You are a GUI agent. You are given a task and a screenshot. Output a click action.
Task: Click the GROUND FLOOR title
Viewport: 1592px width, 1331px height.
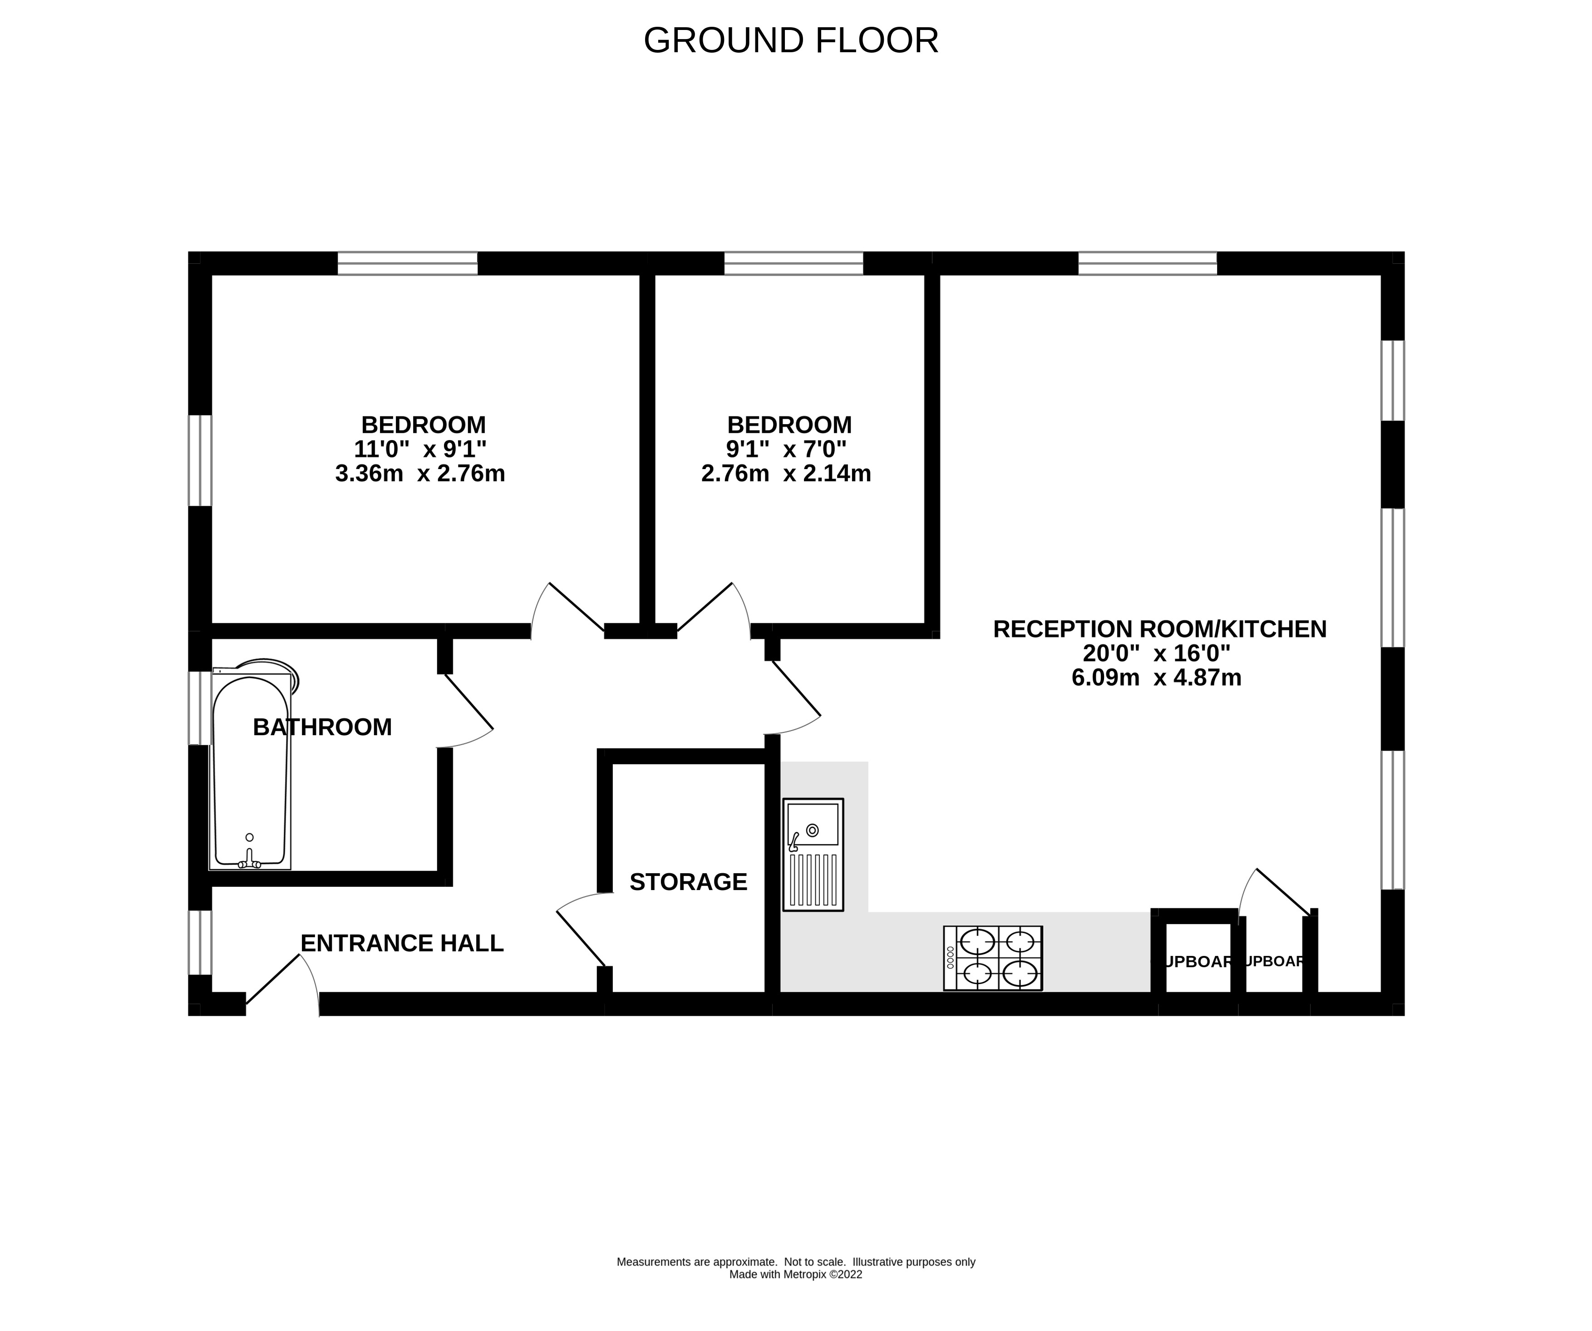pyautogui.click(x=791, y=41)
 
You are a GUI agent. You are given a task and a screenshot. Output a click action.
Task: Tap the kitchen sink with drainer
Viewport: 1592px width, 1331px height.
pyautogui.click(x=813, y=854)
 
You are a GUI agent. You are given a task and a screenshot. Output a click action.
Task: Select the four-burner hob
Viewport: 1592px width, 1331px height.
pyautogui.click(x=992, y=958)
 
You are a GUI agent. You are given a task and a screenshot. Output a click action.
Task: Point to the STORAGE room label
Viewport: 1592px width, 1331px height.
pyautogui.click(x=688, y=882)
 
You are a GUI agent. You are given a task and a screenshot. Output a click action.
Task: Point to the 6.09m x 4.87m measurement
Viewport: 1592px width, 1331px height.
pyautogui.click(x=1156, y=677)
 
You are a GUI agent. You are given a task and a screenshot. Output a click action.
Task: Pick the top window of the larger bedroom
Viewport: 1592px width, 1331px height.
pyautogui.click(x=407, y=263)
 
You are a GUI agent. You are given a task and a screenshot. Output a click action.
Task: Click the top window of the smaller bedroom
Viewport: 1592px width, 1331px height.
pyautogui.click(x=793, y=263)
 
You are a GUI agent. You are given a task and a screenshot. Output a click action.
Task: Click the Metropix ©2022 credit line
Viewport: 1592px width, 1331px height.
pyautogui.click(x=795, y=1274)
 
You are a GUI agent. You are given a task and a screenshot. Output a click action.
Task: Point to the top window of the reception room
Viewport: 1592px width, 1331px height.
pyautogui.click(x=1147, y=263)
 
